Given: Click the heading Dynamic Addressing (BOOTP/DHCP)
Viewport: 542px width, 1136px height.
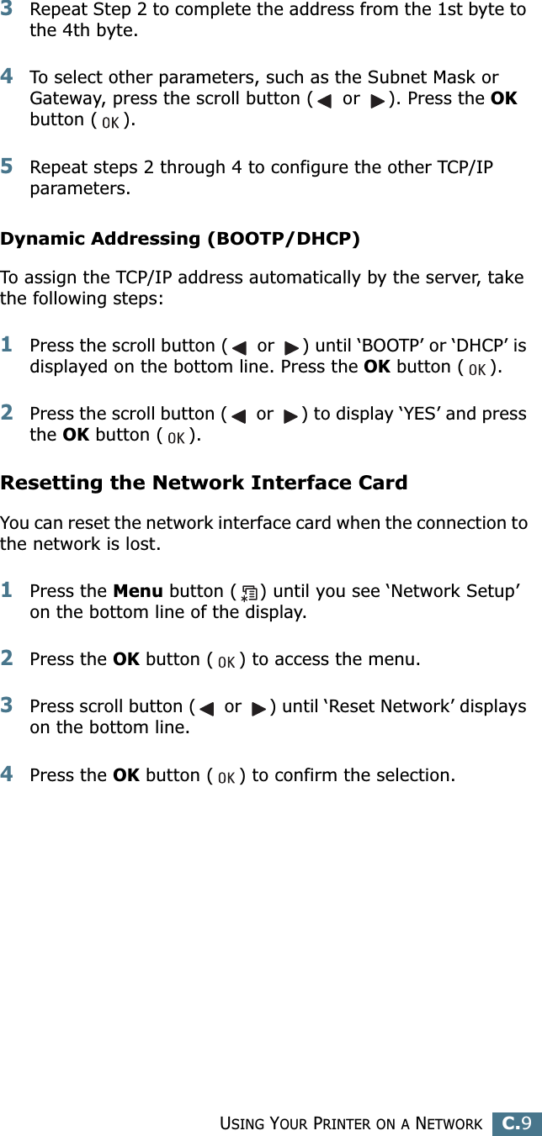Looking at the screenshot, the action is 180,238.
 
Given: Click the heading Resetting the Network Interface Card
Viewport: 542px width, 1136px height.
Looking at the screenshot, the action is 204,483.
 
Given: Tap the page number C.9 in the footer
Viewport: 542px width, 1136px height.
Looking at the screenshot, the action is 517,1122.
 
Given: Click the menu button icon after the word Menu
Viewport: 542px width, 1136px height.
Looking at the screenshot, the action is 249,592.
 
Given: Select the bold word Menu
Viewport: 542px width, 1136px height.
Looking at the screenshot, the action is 138,591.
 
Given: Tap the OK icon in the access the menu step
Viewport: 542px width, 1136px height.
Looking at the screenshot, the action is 226,662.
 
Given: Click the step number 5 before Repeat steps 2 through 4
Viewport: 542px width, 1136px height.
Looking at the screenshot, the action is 7,166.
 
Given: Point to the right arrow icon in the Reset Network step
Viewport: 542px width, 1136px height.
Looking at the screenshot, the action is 258,709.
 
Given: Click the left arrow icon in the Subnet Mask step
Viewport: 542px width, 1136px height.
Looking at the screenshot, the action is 324,101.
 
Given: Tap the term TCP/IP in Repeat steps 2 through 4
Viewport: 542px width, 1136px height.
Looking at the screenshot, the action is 465,166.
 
